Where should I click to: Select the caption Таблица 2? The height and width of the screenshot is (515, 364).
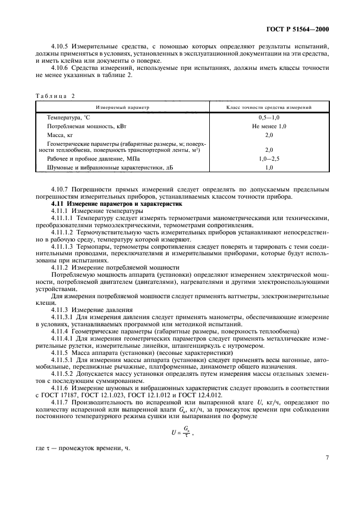[x=55, y=96]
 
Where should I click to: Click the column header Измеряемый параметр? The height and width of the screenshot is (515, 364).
[x=123, y=107]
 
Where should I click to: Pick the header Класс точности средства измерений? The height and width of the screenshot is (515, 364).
[x=269, y=107]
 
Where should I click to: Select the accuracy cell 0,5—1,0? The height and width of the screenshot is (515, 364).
[x=269, y=118]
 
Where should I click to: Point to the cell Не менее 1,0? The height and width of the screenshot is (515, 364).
[x=269, y=127]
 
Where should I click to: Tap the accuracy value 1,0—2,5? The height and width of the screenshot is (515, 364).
[x=269, y=158]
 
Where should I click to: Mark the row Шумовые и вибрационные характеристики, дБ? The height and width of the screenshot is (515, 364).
[x=106, y=167]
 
